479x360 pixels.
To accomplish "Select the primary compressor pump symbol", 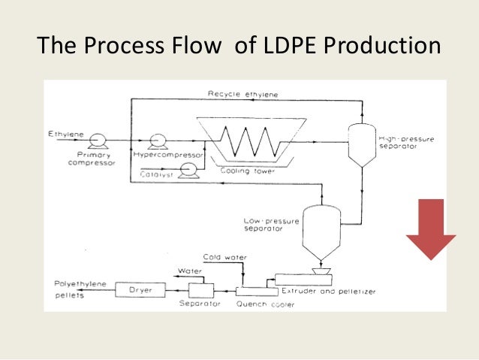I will coord(97,140).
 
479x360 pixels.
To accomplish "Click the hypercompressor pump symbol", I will coord(158,140).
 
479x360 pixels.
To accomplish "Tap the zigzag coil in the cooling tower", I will coord(244,141).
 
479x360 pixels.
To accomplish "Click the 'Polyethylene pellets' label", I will coord(80,289).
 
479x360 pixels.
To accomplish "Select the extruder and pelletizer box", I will coord(308,279).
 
